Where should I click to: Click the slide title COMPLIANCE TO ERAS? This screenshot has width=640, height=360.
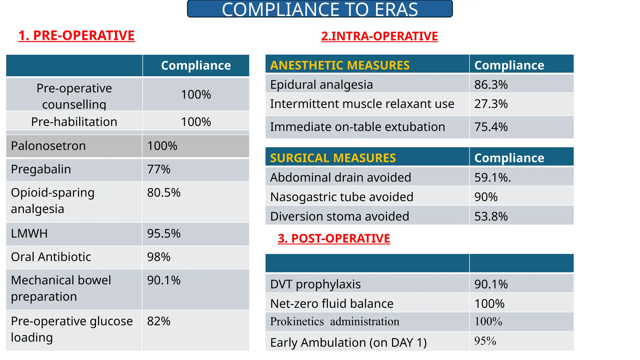tap(320, 9)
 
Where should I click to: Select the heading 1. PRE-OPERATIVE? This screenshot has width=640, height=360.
tap(77, 36)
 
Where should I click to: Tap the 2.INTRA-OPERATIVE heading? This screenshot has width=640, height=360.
tap(379, 36)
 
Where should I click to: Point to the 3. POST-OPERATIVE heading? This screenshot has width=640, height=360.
tap(334, 238)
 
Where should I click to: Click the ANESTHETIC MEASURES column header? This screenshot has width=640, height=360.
tap(340, 65)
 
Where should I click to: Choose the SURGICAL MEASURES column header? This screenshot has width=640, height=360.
tap(333, 158)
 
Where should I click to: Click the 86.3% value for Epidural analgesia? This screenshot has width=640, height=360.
tap(491, 85)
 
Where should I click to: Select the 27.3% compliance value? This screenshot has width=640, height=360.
tap(491, 104)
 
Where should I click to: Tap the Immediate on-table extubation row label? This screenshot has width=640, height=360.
tap(357, 127)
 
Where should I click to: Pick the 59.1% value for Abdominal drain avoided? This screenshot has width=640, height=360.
tap(492, 177)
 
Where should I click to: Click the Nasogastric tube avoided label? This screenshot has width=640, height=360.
tap(342, 197)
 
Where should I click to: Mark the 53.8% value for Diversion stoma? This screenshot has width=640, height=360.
tap(491, 217)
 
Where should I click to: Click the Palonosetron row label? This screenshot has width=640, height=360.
tap(48, 146)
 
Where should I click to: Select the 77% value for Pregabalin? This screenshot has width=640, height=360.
tap(159, 169)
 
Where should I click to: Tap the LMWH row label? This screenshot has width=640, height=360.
tap(29, 234)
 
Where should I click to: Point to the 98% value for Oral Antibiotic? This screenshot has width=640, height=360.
tap(159, 257)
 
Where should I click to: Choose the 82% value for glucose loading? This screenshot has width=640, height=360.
tap(159, 321)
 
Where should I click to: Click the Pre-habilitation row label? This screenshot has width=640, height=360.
tap(74, 122)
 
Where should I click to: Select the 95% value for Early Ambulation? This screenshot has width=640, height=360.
tap(485, 341)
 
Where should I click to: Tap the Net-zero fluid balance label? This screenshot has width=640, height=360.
tap(332, 304)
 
